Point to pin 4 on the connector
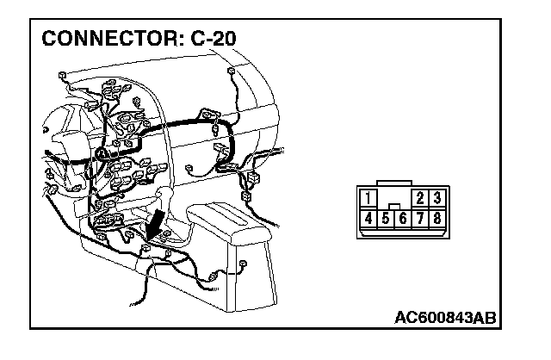[x=368, y=218]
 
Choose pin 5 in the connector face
[x=386, y=219]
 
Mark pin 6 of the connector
[x=403, y=219]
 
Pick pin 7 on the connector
[x=421, y=218]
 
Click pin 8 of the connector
[x=437, y=218]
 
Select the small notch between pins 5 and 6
[x=394, y=208]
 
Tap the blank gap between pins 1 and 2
[x=394, y=198]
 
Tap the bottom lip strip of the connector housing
[x=402, y=233]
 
